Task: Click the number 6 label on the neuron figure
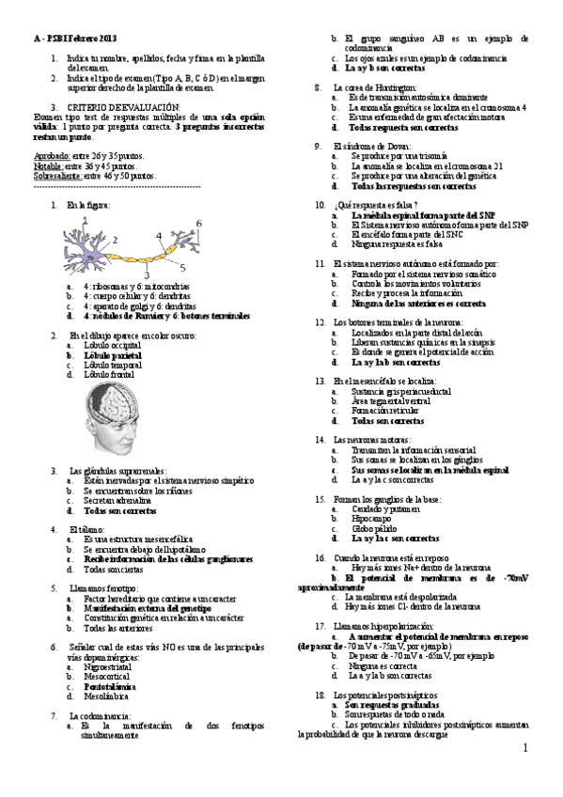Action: point(199,223)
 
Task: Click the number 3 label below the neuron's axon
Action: point(146,274)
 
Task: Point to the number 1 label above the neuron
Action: point(84,219)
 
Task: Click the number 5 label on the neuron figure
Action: point(182,267)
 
